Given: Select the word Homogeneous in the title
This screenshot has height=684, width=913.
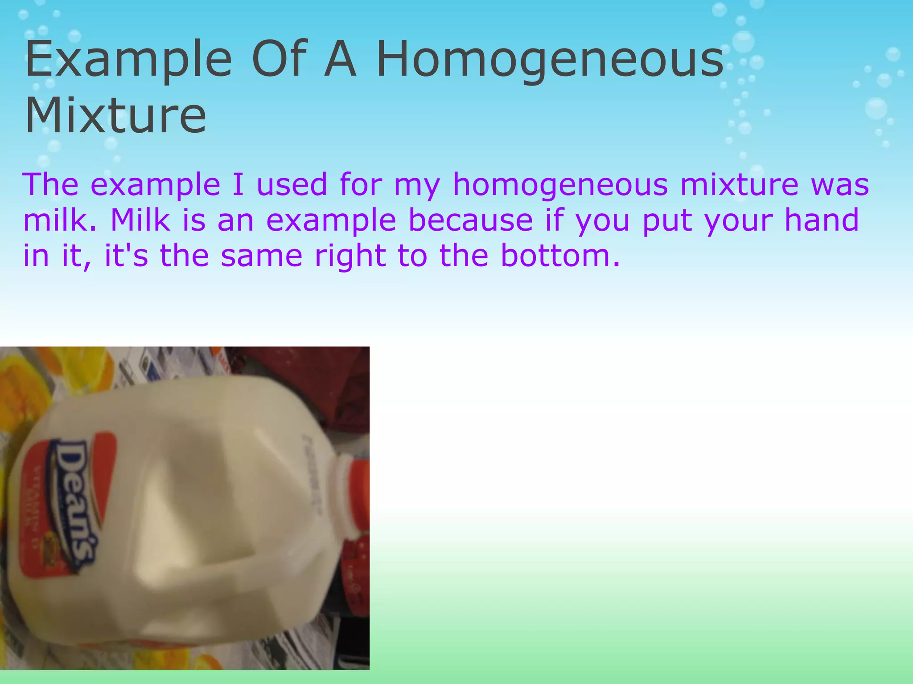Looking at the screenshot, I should click(550, 60).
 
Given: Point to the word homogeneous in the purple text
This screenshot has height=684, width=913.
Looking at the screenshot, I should click(560, 185).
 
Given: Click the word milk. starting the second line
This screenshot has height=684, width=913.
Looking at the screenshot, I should click(60, 220).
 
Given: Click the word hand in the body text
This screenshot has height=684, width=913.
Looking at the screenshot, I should click(821, 220).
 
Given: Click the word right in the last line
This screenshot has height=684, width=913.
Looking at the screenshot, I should click(350, 256).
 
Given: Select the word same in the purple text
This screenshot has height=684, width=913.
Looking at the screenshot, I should click(262, 256).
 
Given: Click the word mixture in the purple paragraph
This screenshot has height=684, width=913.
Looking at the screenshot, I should click(739, 185).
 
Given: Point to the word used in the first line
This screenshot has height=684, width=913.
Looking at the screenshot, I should click(292, 185).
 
